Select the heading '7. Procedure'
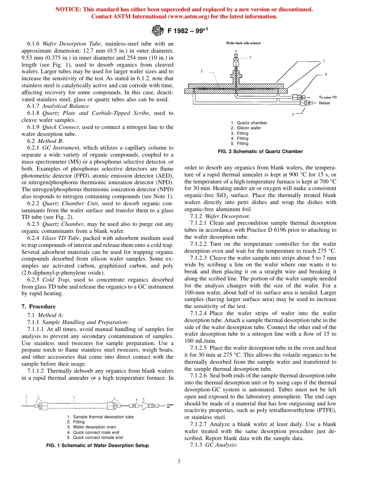[x=38, y=306]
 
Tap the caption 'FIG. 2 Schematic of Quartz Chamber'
[x=263, y=151]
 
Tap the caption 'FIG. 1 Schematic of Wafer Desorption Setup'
[x=97, y=445]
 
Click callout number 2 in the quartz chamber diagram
[x=202, y=71]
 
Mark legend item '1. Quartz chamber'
[x=249, y=123]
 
